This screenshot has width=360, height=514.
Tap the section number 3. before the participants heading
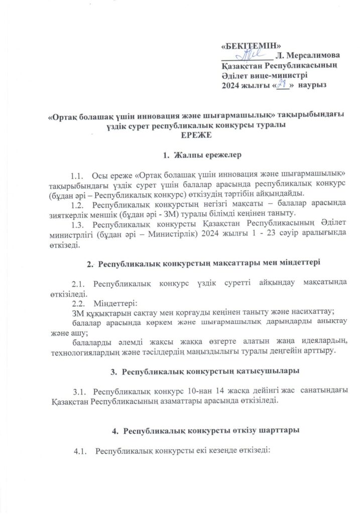pyautogui.click(x=112, y=371)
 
